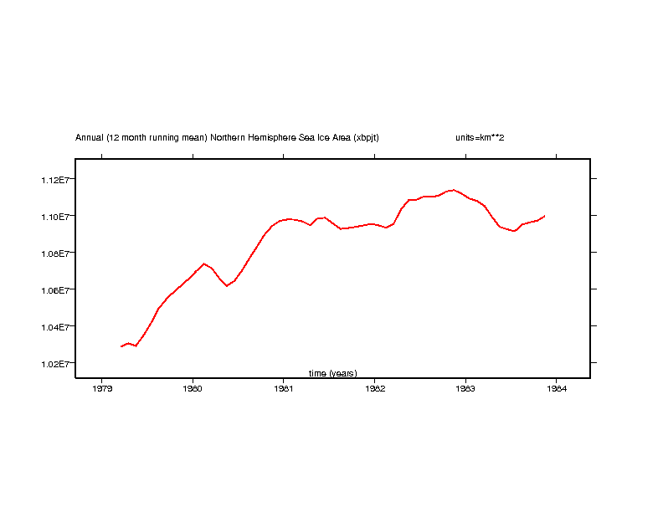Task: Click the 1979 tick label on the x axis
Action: click(x=102, y=388)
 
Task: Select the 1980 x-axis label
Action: click(x=193, y=388)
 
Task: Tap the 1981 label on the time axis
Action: click(x=284, y=388)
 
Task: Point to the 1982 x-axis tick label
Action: click(x=375, y=388)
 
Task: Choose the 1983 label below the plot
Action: click(x=465, y=388)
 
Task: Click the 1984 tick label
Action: click(x=556, y=388)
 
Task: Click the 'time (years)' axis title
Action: click(x=332, y=373)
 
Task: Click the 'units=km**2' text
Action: click(x=480, y=137)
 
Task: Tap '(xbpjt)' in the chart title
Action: click(x=366, y=137)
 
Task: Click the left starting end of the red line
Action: click(x=121, y=346)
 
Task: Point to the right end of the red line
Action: click(x=545, y=216)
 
